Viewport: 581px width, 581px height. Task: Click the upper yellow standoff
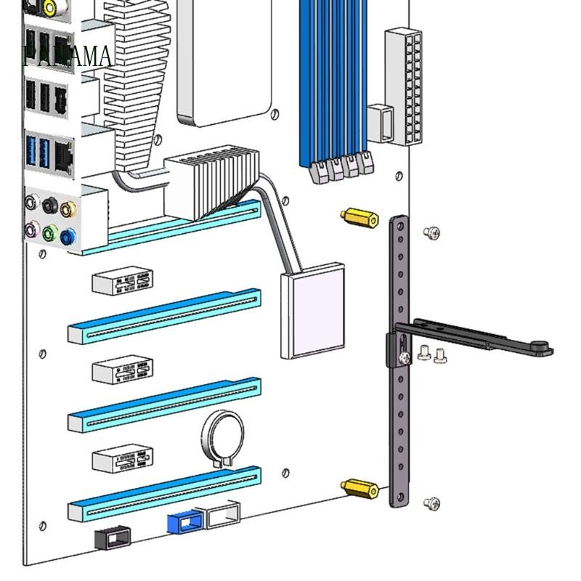click(359, 218)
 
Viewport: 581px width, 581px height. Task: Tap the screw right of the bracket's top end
click(431, 232)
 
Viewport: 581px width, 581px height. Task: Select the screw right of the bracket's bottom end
click(431, 503)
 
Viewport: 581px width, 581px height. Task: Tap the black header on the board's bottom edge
click(113, 538)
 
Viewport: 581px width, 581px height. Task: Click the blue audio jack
click(68, 236)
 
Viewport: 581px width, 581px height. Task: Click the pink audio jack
click(32, 230)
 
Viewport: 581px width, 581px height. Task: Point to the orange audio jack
click(68, 210)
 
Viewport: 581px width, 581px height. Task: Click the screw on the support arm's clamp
click(404, 356)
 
